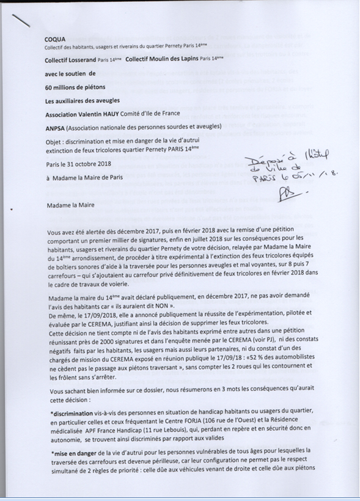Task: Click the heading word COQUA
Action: pyautogui.click(x=56, y=37)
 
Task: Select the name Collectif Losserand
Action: pyautogui.click(x=69, y=60)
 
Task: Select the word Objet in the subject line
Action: pyautogui.click(x=53, y=141)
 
